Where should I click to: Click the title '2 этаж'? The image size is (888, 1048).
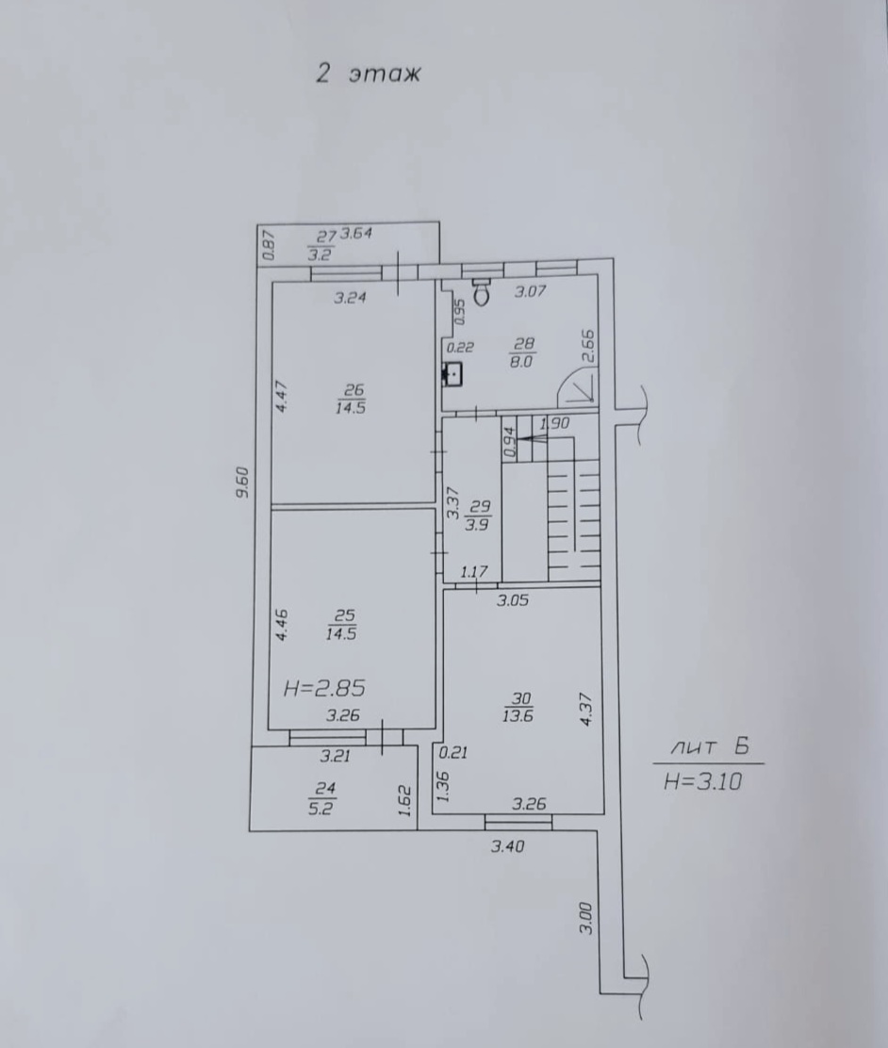tap(369, 73)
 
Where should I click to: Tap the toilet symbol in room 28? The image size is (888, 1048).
tap(482, 290)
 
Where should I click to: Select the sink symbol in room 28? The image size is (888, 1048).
tap(452, 374)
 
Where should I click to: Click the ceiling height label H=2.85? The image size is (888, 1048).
tap(324, 688)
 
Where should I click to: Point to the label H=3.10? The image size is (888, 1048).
tap(703, 780)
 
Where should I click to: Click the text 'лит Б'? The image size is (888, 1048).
tap(709, 746)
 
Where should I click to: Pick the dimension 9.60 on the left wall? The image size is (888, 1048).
tap(242, 483)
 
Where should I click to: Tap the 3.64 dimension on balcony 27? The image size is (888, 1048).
tap(355, 234)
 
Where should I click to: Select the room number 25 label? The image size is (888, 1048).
tap(343, 615)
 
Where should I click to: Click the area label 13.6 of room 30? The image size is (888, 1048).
tap(518, 716)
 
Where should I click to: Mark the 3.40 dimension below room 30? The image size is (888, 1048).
tap(507, 847)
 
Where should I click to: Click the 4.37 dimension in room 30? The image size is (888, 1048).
tap(586, 710)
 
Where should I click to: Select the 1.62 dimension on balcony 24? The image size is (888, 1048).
tap(404, 800)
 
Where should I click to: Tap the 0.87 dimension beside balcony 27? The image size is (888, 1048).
tap(268, 245)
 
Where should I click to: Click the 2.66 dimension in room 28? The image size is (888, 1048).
tap(588, 346)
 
